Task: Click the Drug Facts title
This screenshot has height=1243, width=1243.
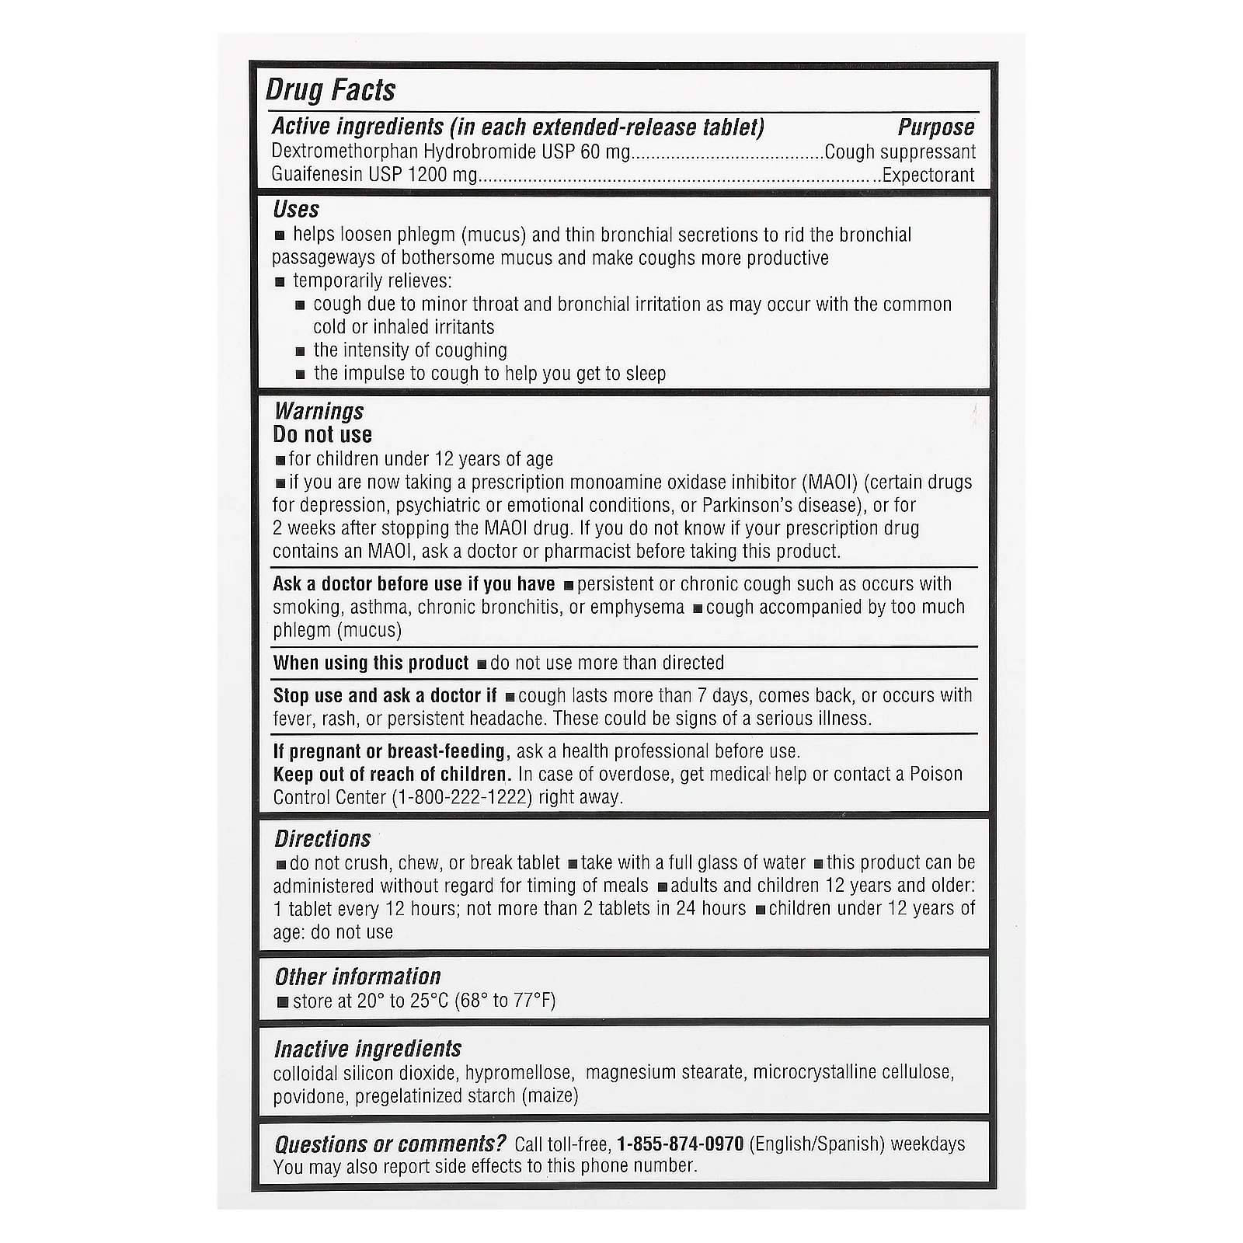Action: pyautogui.click(x=330, y=90)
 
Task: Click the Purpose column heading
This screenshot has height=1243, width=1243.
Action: pyautogui.click(x=935, y=127)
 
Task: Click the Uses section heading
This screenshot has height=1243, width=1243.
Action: pyautogui.click(x=296, y=210)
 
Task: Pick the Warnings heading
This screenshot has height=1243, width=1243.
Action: pyautogui.click(x=319, y=411)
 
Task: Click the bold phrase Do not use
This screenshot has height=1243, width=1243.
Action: pyautogui.click(x=322, y=435)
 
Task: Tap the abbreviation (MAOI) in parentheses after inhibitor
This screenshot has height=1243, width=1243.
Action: pyautogui.click(x=830, y=482)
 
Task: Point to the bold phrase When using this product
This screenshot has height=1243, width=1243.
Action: pyautogui.click(x=371, y=663)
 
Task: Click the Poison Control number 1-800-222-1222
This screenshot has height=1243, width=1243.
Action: pyautogui.click(x=463, y=798)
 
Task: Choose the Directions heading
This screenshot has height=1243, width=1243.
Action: pyautogui.click(x=322, y=839)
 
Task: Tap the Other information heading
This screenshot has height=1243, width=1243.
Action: pyautogui.click(x=357, y=977)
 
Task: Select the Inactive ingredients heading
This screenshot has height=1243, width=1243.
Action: pyautogui.click(x=367, y=1050)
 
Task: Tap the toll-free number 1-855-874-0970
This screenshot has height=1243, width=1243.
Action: pyautogui.click(x=681, y=1144)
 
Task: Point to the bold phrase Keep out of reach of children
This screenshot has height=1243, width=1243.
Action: pyautogui.click(x=392, y=775)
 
